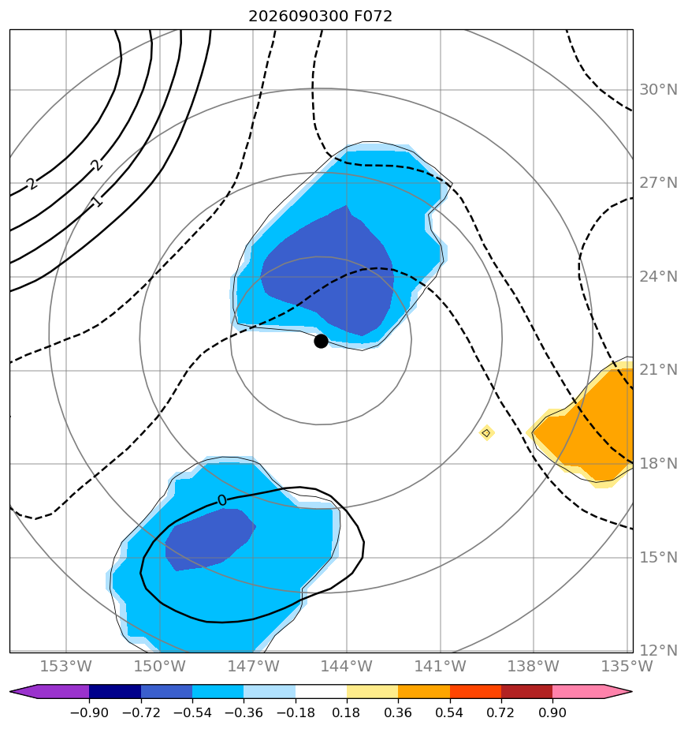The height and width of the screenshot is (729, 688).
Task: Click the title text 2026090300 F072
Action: click(320, 17)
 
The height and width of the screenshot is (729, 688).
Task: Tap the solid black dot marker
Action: click(321, 342)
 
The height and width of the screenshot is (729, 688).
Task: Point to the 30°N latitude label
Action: click(658, 89)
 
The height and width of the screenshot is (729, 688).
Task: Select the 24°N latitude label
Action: click(658, 277)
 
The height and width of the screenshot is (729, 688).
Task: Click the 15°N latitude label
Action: click(658, 557)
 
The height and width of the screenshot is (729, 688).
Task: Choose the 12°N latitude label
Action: click(658, 650)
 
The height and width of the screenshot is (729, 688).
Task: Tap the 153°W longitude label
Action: click(66, 666)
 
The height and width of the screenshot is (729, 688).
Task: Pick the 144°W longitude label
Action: click(347, 666)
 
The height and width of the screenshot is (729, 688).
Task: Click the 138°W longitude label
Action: click(534, 666)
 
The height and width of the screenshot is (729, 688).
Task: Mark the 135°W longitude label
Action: click(627, 666)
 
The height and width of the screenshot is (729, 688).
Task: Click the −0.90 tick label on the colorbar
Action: click(89, 712)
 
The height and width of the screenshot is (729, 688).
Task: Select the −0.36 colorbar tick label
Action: click(244, 712)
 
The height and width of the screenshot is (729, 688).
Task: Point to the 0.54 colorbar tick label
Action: click(450, 712)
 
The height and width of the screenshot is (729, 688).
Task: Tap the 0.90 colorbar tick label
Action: click(552, 712)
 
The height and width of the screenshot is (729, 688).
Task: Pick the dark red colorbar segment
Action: click(526, 692)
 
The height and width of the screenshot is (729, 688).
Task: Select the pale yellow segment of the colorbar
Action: click(373, 692)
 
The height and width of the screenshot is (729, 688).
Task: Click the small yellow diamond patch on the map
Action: click(486, 433)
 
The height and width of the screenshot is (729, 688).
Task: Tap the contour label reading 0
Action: click(222, 500)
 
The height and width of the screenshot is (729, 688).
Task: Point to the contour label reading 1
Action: click(97, 202)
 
